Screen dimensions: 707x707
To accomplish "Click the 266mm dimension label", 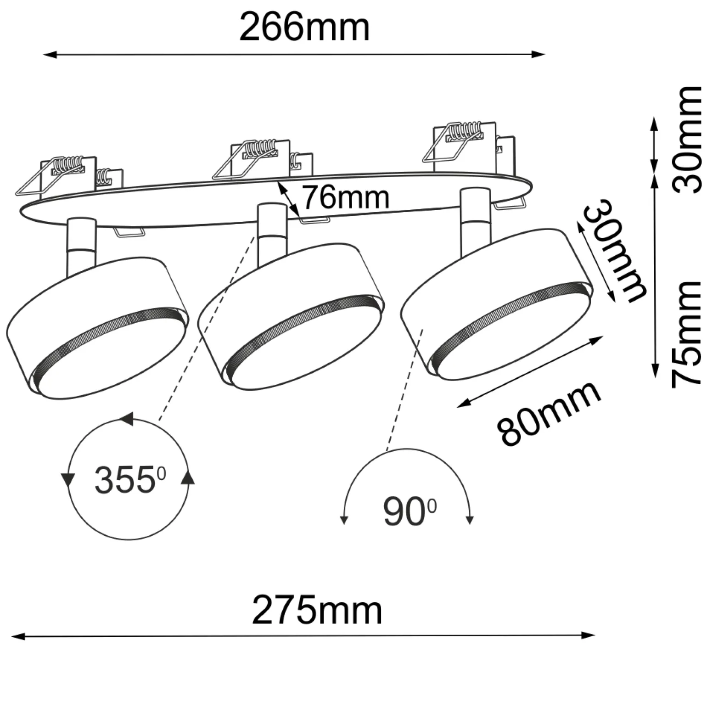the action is [304, 28].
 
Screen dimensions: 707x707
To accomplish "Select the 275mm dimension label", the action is [317, 611].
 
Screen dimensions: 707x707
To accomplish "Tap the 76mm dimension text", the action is [345, 197].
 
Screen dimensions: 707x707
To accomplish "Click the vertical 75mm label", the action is [687, 334].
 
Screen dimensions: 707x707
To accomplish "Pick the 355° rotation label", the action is [130, 480].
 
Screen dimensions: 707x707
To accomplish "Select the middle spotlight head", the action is [292, 317].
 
